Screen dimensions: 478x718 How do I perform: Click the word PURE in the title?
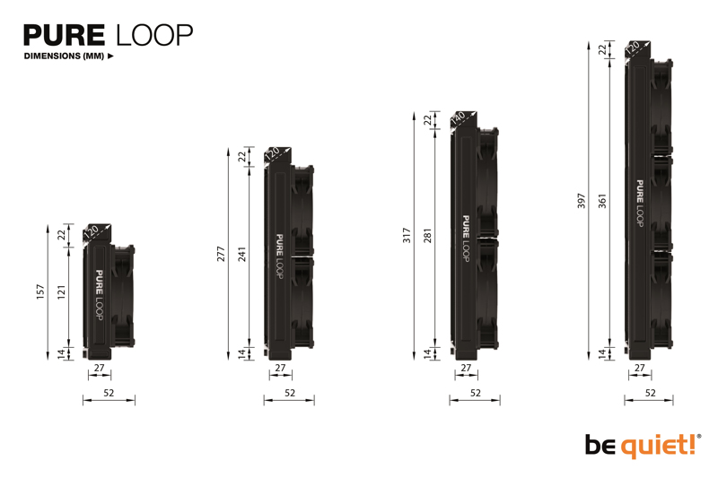coord(64,35)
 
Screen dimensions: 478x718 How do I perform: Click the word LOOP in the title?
coord(153,35)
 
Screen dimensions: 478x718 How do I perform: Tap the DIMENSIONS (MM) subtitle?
coord(65,56)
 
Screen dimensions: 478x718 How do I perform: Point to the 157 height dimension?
coord(40,292)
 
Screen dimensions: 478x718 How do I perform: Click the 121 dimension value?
coord(62,292)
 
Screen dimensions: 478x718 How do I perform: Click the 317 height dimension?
coord(407,236)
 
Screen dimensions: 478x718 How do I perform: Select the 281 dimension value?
coord(428,236)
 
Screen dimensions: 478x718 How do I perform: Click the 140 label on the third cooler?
coord(459,119)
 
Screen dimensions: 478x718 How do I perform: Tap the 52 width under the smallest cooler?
coord(109,393)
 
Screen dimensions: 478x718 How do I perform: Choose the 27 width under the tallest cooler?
coord(640,368)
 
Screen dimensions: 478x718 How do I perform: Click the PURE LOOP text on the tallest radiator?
coord(640,203)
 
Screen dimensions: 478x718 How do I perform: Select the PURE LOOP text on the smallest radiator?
coord(99,295)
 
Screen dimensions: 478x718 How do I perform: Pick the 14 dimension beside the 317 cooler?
coord(428,353)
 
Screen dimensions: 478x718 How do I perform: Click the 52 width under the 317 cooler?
coord(476,393)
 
